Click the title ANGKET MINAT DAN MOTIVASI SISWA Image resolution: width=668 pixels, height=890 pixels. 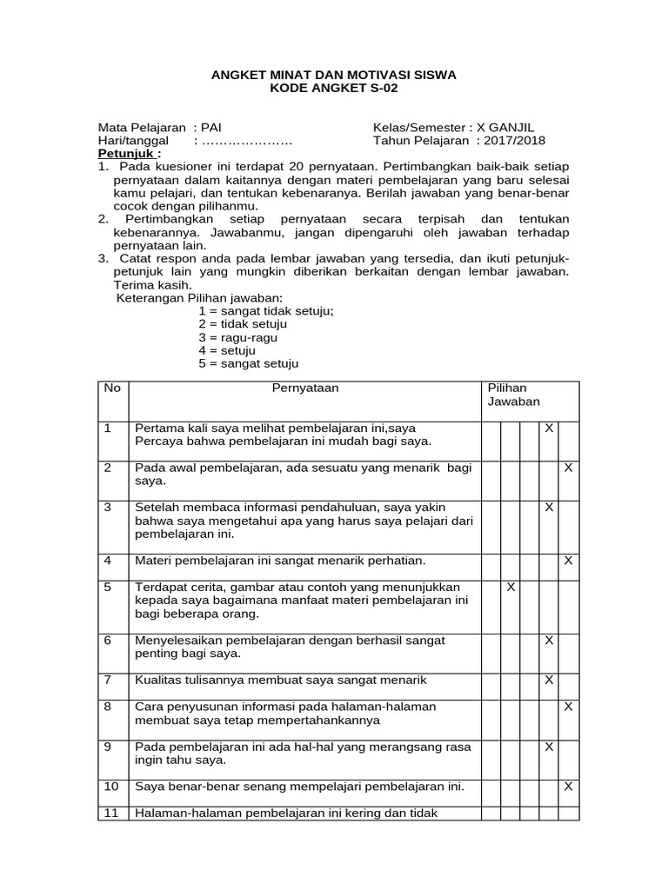click(334, 76)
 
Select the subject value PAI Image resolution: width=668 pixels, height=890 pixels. click(211, 127)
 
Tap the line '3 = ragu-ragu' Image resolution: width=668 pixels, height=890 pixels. click(237, 337)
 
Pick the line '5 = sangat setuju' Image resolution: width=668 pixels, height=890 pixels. click(248, 363)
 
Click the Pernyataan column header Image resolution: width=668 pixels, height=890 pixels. click(305, 389)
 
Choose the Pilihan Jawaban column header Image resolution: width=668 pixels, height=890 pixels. click(513, 395)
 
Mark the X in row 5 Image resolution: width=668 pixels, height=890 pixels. click(511, 588)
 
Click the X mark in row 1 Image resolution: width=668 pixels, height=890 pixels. click(549, 428)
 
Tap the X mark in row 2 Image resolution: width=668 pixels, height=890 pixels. click(568, 468)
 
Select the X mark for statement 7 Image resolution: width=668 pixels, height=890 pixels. click(549, 680)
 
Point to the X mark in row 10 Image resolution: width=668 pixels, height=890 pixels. click(568, 787)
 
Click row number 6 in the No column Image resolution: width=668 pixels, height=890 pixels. click(108, 640)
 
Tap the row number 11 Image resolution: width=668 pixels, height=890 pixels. click(110, 814)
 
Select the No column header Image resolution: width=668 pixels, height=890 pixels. click(112, 389)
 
